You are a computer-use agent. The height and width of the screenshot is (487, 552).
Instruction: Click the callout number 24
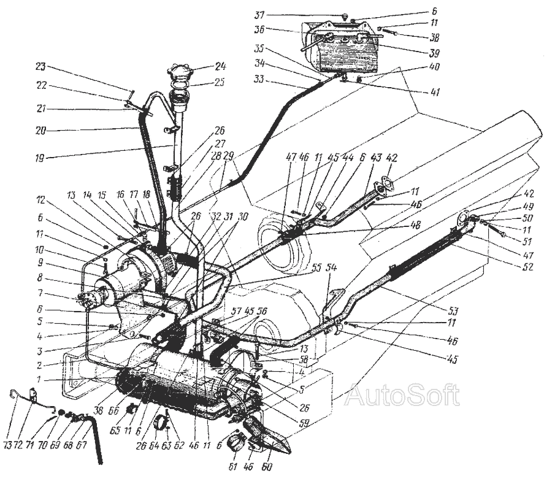pos(221,66)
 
